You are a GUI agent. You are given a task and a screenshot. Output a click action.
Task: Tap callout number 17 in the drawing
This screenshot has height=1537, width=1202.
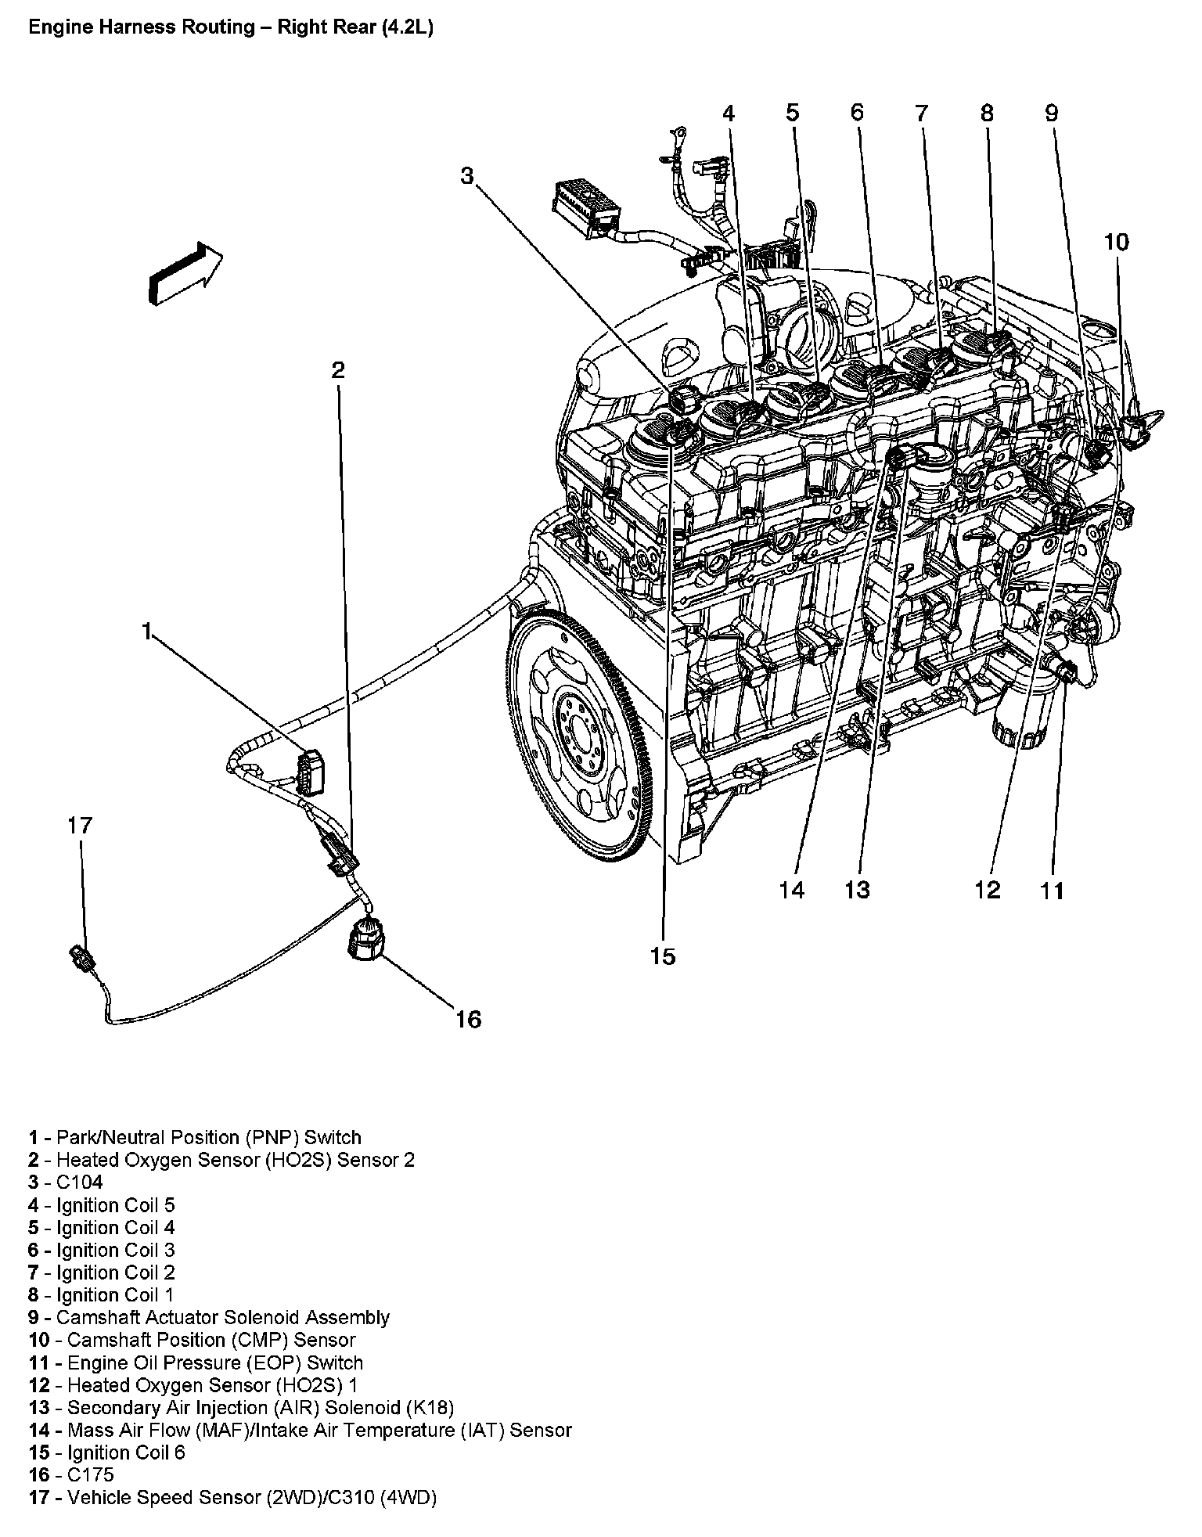pos(80,825)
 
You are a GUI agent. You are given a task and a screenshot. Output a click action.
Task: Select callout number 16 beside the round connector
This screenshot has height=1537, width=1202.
pos(468,1019)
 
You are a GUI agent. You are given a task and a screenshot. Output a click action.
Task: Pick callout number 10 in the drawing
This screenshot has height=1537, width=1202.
pos(1117,242)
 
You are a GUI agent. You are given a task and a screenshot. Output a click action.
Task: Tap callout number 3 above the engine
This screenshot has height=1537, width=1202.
pos(466,175)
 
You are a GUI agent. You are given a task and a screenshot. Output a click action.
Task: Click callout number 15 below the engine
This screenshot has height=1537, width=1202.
pos(662,956)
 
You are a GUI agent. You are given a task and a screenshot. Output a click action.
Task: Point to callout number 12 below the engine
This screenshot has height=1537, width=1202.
pos(988,890)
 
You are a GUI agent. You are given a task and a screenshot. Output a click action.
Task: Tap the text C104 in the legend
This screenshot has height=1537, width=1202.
pos(80,1182)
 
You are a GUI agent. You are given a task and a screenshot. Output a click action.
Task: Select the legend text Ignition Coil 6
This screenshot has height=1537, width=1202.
pos(121,1452)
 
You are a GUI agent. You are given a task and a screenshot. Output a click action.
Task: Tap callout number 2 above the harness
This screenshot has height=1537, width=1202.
pos(337,370)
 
